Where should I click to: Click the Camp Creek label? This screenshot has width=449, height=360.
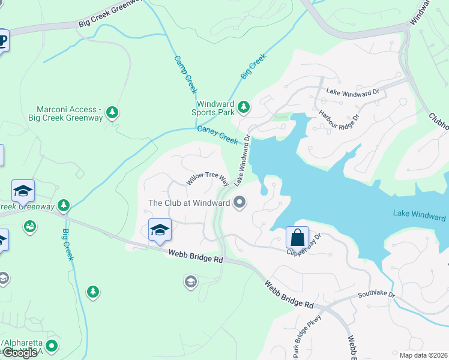(186, 74)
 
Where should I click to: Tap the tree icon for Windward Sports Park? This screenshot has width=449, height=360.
(243, 107)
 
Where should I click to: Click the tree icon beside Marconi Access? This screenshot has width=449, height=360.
(112, 112)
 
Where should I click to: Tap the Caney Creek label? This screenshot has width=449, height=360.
(218, 135)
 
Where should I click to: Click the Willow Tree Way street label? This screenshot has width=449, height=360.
(207, 178)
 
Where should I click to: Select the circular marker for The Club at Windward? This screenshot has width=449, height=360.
(240, 202)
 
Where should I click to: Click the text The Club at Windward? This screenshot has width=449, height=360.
(189, 203)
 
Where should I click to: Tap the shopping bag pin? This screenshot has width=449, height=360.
(297, 237)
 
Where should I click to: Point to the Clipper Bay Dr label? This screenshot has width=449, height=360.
(305, 244)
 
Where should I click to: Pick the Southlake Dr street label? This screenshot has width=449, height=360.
(376, 295)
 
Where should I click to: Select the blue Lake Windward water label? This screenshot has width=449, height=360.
(419, 214)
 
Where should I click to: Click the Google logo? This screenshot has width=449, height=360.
(20, 353)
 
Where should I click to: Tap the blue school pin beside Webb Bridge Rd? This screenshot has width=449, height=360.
(160, 230)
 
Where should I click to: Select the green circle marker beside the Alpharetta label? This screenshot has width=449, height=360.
(52, 346)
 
